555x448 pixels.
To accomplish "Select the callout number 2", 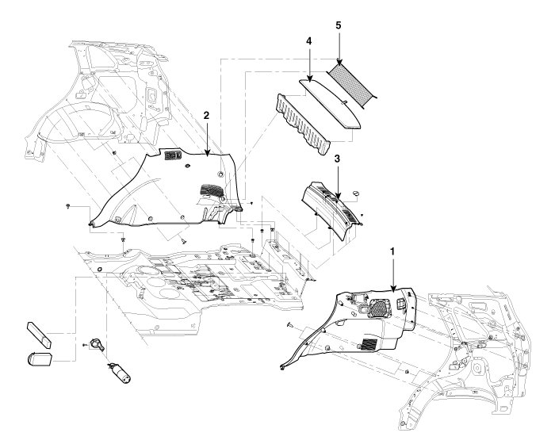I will [206, 115].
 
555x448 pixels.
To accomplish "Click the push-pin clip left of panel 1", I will [290, 325].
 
